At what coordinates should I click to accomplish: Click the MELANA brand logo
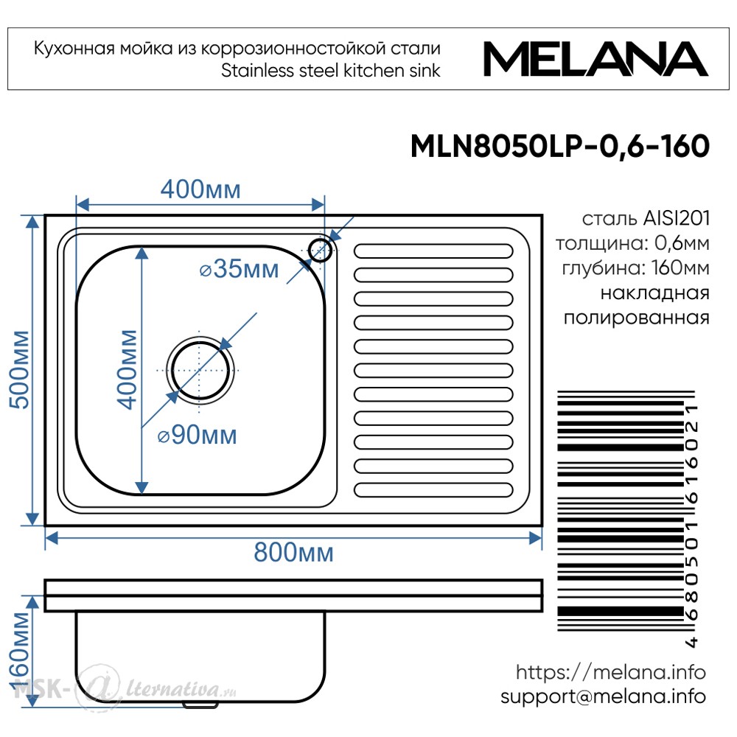[595, 59]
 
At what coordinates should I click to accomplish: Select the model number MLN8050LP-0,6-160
[560, 146]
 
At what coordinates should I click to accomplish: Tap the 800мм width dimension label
[294, 552]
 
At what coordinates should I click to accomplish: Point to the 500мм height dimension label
[20, 369]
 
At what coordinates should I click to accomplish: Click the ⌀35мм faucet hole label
[240, 269]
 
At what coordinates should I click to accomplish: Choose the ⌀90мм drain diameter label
[197, 435]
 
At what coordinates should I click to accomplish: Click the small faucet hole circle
[321, 250]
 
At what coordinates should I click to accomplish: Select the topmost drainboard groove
[433, 251]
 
